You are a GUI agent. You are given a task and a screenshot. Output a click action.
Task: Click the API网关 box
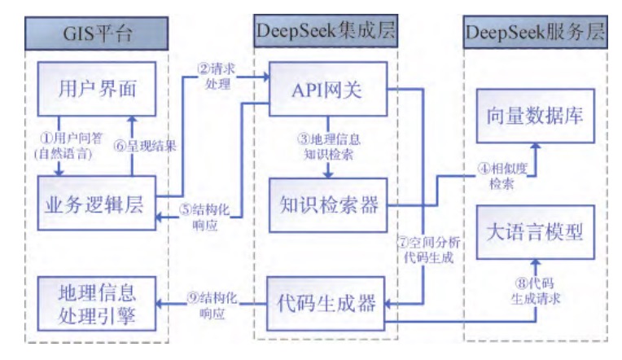click(x=327, y=90)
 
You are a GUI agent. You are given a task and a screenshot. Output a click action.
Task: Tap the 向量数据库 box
click(x=537, y=116)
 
